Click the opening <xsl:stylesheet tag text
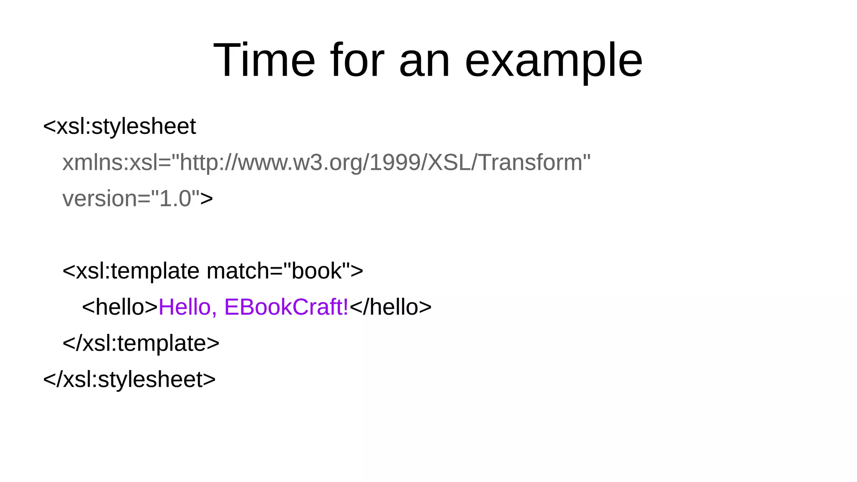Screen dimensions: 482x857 click(x=119, y=126)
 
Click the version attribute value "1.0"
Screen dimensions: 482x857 click(x=175, y=198)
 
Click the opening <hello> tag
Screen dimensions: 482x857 click(x=120, y=307)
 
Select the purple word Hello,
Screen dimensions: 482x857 click(x=188, y=307)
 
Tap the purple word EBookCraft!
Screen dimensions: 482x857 click(x=287, y=307)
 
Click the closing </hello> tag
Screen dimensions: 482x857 click(x=390, y=307)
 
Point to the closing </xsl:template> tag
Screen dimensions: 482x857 click(x=141, y=343)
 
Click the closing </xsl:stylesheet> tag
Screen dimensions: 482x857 click(x=130, y=379)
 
